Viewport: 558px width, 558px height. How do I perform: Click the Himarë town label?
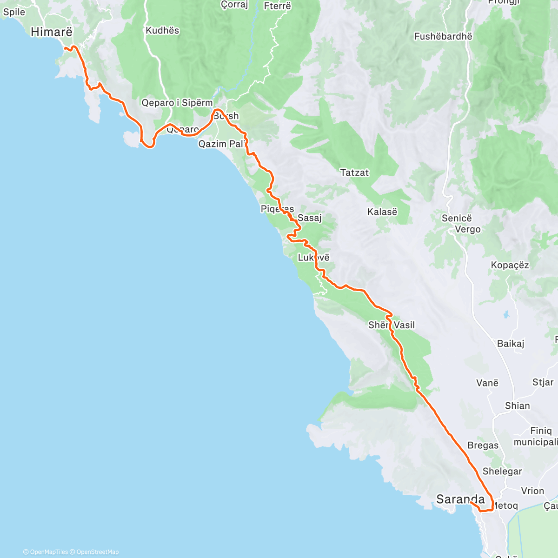point(51,32)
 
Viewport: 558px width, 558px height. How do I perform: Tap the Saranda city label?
point(460,499)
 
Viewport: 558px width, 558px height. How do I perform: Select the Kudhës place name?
point(162,31)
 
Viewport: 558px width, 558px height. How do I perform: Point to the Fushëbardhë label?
point(443,36)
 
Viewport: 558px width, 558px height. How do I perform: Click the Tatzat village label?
point(354,173)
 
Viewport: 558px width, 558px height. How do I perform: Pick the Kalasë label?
point(382,212)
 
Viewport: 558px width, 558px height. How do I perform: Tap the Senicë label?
point(456,218)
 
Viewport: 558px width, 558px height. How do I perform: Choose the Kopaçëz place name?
point(510,266)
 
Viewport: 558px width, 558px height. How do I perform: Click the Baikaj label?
point(511,344)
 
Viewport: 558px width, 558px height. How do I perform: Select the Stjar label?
point(543,382)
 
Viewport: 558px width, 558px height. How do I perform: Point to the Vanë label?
point(487,383)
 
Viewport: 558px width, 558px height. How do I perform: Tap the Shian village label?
point(517,406)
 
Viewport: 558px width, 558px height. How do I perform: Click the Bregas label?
point(483,445)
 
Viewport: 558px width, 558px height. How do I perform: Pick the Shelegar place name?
point(502,472)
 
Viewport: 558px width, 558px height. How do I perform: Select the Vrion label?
point(532,491)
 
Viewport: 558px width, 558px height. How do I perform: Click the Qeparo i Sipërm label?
point(177,103)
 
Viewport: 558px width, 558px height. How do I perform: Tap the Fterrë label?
point(277,7)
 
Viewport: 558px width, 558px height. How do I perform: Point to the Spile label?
point(14,12)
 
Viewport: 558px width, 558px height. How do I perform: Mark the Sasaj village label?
point(310,218)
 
